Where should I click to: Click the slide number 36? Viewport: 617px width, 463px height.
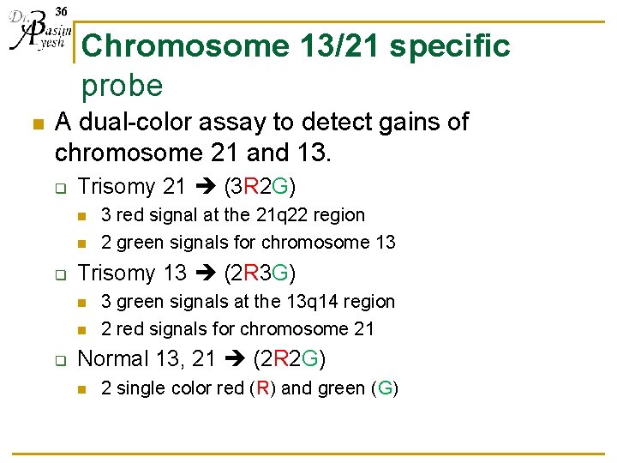pos(61,10)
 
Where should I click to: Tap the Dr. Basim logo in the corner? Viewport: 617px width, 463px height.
pos(36,34)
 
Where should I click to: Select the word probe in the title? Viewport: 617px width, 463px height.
pos(122,85)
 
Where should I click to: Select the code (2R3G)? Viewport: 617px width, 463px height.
pos(260,274)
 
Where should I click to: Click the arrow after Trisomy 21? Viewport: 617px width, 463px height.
pos(206,187)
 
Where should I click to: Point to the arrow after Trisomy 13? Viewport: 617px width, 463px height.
pos(206,274)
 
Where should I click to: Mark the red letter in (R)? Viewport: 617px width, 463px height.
pos(261,388)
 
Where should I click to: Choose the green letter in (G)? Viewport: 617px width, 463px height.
pos(385,388)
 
